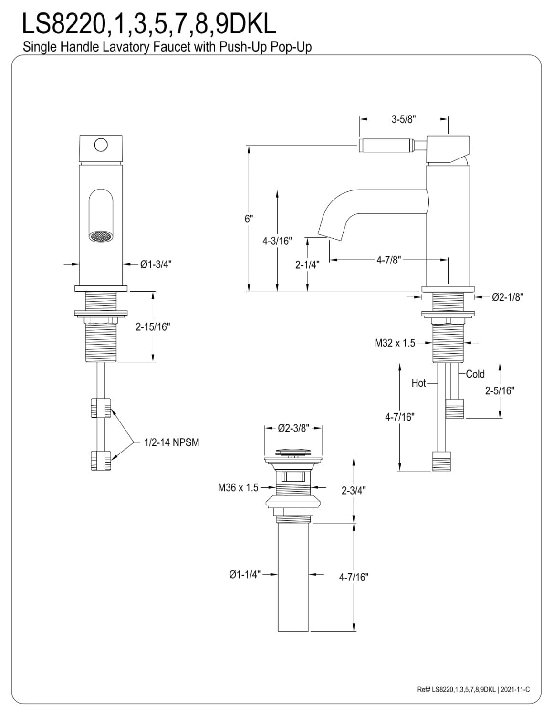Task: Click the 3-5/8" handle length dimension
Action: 404,119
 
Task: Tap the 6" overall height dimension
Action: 249,219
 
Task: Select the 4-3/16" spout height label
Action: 277,241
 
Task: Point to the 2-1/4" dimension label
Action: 307,264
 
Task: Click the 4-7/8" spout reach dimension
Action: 389,260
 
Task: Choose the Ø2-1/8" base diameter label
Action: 508,297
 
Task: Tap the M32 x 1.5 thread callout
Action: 395,343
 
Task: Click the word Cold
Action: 475,374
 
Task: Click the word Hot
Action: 418,383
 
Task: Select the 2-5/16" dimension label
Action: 500,390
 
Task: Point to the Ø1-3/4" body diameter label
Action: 156,264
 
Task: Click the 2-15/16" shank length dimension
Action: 153,327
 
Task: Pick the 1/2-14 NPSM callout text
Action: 172,442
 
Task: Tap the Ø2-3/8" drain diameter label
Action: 293,428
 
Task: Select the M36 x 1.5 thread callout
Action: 238,487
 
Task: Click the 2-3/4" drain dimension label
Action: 354,491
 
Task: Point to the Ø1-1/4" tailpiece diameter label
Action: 245,574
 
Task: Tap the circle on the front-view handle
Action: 101,145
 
